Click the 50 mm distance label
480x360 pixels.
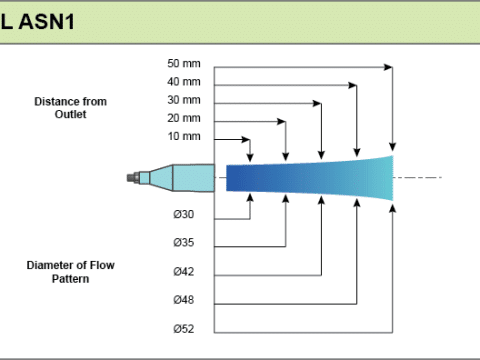[x=184, y=63]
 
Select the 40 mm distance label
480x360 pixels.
[x=184, y=82]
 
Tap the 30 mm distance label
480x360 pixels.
[x=184, y=100]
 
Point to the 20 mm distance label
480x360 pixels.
[x=184, y=118]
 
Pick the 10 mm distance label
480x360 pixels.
[x=184, y=136]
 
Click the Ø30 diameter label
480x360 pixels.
[x=183, y=214]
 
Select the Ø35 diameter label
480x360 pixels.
[x=183, y=242]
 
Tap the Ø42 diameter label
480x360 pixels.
[x=183, y=271]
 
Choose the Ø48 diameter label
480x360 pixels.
[x=183, y=300]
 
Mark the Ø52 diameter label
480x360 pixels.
[x=183, y=329]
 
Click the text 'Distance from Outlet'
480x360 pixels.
[x=70, y=108]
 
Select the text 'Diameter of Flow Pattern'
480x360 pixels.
[x=70, y=272]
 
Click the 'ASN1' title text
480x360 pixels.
[x=46, y=22]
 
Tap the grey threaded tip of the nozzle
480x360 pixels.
[x=133, y=178]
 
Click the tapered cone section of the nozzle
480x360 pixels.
[x=161, y=178]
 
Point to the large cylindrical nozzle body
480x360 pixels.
[x=194, y=178]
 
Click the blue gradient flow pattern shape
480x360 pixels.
[x=309, y=178]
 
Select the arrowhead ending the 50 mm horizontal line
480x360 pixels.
[x=388, y=67]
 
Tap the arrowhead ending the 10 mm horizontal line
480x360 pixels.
[x=246, y=139]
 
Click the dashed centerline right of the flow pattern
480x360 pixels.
[x=418, y=177]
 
